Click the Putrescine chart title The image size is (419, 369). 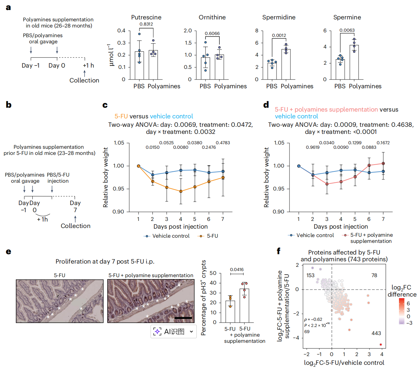point(146,17)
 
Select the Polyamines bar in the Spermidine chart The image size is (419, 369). point(286,64)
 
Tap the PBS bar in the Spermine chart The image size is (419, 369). point(340,70)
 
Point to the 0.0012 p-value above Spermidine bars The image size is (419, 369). point(279,36)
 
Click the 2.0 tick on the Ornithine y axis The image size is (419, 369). point(188,31)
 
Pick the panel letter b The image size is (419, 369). point(9,105)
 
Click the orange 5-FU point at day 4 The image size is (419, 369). point(181,191)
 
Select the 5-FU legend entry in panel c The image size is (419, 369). point(208,236)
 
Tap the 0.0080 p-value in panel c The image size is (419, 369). point(181,147)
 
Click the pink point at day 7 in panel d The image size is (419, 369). point(383,164)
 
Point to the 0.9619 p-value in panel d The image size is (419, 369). point(313,147)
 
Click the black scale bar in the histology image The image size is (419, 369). point(183,318)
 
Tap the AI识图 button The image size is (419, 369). point(173,331)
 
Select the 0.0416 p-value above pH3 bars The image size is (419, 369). point(237,270)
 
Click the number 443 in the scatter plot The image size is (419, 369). point(376,333)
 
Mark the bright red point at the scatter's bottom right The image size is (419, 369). point(381,345)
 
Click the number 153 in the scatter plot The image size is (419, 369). point(310,276)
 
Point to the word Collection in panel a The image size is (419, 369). point(84,81)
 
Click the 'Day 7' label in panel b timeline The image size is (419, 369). point(75,207)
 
